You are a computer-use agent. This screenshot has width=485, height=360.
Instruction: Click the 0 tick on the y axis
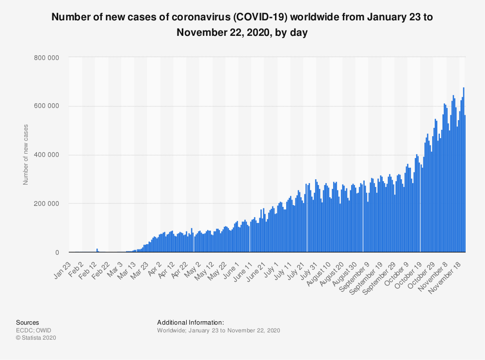point(57,252)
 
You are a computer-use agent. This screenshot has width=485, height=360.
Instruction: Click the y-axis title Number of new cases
point(26,155)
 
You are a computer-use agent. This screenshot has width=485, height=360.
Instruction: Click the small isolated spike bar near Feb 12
point(97,250)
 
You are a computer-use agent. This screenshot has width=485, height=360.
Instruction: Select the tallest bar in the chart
point(464,170)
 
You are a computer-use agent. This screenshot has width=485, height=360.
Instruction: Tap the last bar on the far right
point(465,184)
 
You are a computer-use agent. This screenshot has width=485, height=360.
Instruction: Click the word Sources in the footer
point(28,322)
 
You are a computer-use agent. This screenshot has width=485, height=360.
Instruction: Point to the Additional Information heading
point(190,322)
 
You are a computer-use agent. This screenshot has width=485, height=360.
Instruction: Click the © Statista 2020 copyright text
point(36,338)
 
